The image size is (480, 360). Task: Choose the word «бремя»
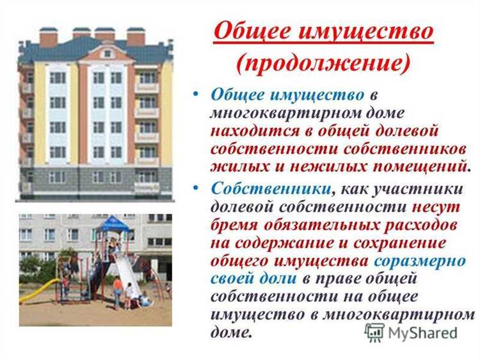click(x=236, y=225)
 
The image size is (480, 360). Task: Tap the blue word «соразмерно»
click(x=420, y=261)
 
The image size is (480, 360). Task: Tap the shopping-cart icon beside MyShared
click(x=374, y=332)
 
